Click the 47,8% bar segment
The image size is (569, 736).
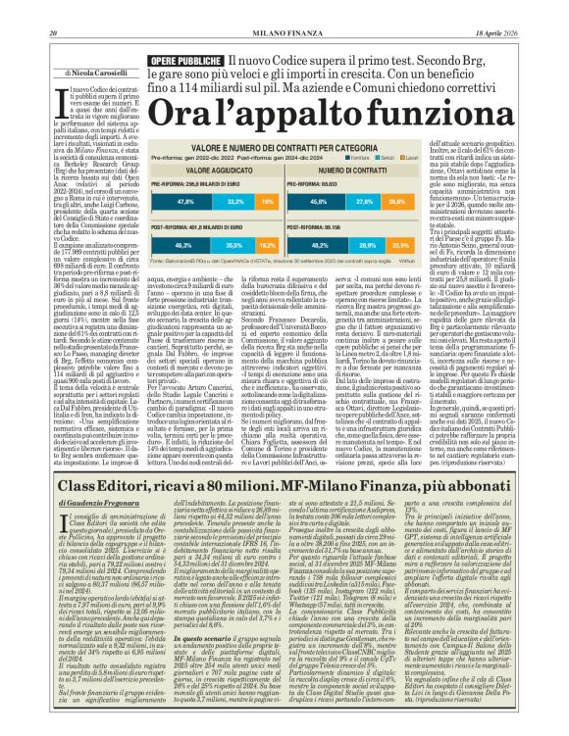coord(185,201)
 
